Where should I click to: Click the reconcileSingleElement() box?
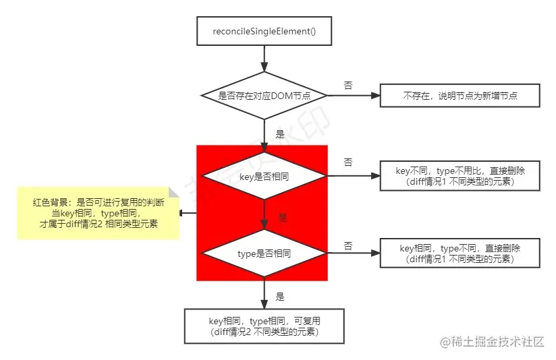(x=265, y=31)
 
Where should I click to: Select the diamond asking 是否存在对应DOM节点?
(x=265, y=96)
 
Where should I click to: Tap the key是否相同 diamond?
(x=265, y=177)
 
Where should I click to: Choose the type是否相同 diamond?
(x=265, y=253)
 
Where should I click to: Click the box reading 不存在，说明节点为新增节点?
(x=460, y=96)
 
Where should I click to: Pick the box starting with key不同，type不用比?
(x=460, y=177)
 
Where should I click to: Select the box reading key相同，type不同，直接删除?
(x=460, y=253)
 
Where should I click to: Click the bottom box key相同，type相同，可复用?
(x=265, y=326)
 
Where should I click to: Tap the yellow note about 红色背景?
(x=97, y=213)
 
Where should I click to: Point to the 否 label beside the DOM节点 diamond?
(x=348, y=86)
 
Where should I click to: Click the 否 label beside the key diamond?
(x=348, y=162)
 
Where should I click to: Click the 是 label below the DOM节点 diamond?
(x=280, y=134)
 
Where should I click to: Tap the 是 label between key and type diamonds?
(x=283, y=218)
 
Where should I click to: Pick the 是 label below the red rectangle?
(x=280, y=296)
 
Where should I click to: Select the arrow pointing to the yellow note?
(x=188, y=213)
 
